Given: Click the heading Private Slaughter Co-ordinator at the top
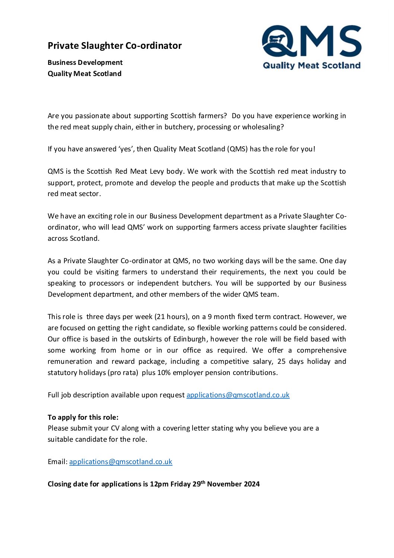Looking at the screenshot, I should pos(114,45).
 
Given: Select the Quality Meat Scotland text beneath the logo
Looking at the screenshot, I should pos(312,66).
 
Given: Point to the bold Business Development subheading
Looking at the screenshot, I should pos(85,62).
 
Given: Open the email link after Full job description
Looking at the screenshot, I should pos(238,395).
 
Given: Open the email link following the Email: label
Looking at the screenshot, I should pos(121,462).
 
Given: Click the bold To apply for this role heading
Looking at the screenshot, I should pos(83,417).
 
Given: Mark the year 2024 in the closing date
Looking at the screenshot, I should pos(252,484).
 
